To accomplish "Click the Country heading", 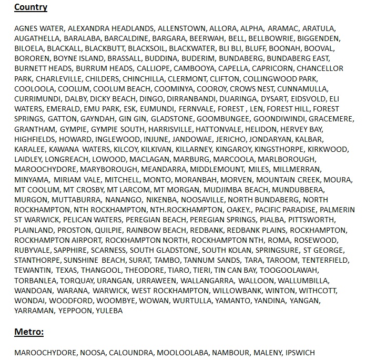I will pyautogui.click(x=31, y=7).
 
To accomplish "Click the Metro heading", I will pyautogui.click(x=29, y=332).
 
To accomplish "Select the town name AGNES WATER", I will pyautogui.click(x=39, y=28).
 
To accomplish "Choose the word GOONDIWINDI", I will pyautogui.click(x=279, y=119).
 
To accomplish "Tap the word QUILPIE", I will pyautogui.click(x=108, y=230).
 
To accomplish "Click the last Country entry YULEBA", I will pyautogui.click(x=109, y=311).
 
